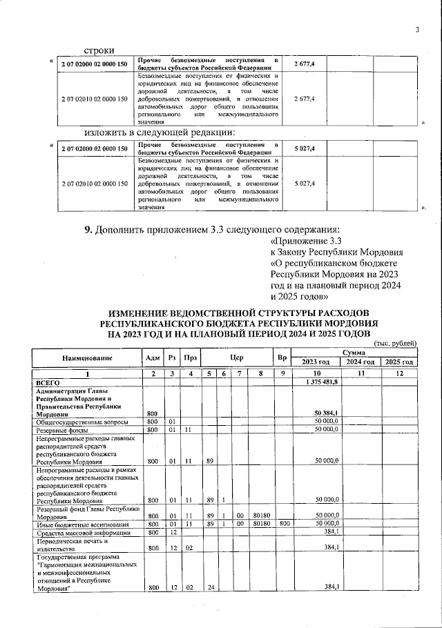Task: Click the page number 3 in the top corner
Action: point(418,29)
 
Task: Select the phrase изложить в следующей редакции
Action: point(160,133)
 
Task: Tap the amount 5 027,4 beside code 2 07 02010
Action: point(305,184)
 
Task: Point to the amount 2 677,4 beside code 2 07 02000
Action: point(305,64)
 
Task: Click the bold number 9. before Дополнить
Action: point(88,229)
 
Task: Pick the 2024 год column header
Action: point(360,362)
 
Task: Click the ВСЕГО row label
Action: point(48,382)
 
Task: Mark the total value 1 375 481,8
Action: point(320,382)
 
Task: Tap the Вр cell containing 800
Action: point(282,524)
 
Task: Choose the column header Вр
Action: point(282,357)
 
